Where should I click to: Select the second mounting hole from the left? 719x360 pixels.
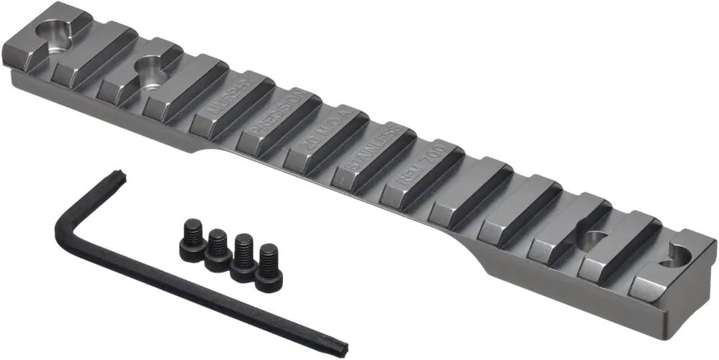[149, 67]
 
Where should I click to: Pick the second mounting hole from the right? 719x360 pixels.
[589, 238]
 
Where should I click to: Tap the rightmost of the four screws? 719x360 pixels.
[269, 267]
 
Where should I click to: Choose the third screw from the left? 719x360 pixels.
[244, 258]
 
